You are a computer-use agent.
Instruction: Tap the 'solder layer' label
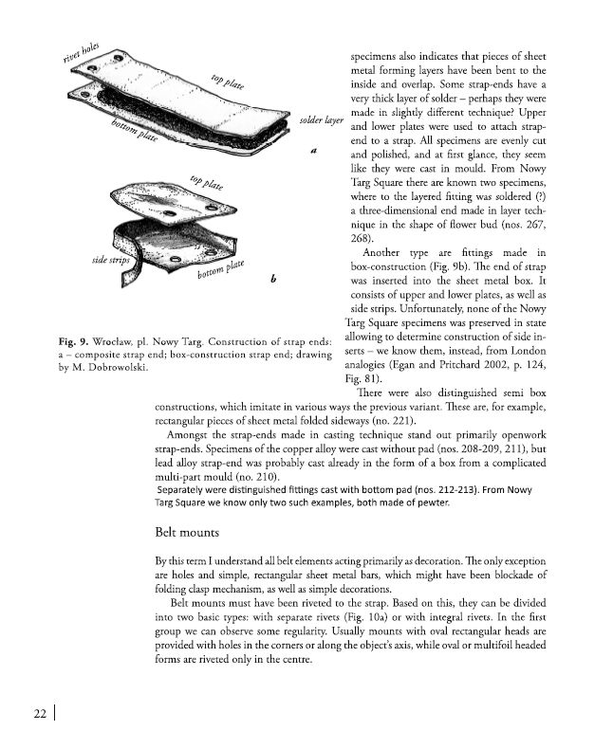click(x=319, y=121)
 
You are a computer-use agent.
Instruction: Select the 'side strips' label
click(x=112, y=258)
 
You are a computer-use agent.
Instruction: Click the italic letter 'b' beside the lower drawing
click(x=273, y=278)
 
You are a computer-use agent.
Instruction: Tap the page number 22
click(x=39, y=713)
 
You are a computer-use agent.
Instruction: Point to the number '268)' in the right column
click(x=362, y=237)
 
